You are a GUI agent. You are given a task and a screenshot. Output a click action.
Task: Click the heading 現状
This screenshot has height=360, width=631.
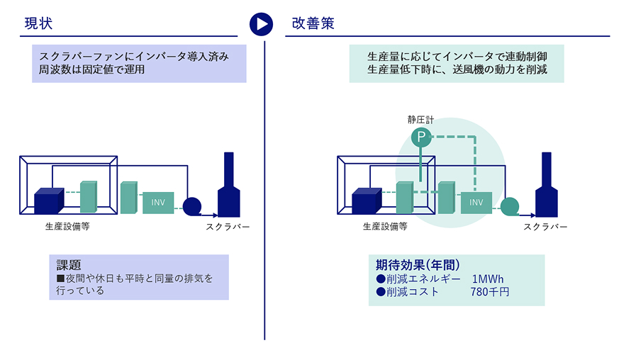(x=38, y=23)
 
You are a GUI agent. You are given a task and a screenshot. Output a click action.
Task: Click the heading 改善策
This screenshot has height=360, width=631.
(x=313, y=23)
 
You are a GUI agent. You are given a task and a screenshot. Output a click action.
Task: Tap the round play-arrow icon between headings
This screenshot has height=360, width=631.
(x=261, y=23)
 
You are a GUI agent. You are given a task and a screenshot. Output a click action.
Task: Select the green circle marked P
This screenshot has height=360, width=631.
(x=421, y=137)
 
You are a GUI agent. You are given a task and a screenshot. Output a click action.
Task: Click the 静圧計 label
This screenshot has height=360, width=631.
(x=420, y=120)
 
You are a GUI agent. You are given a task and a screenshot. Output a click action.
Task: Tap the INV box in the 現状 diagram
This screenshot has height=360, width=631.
(x=158, y=203)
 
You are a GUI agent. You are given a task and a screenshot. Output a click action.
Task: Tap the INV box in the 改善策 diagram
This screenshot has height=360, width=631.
(x=476, y=203)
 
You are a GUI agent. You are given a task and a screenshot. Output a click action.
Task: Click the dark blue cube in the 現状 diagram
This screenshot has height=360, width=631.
(x=49, y=201)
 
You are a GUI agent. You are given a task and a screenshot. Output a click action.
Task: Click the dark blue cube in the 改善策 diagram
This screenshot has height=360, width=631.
(x=367, y=201)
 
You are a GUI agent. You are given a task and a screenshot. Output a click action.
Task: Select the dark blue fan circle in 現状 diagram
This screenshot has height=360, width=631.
(x=192, y=206)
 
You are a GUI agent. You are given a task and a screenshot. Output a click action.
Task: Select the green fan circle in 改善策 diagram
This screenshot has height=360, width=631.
(x=510, y=206)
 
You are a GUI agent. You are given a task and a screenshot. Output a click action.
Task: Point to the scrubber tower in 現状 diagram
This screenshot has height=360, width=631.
(x=229, y=185)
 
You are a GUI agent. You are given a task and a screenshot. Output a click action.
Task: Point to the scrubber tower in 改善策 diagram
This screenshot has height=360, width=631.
(x=547, y=185)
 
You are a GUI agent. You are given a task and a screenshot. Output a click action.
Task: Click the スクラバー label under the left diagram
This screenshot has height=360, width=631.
(x=228, y=227)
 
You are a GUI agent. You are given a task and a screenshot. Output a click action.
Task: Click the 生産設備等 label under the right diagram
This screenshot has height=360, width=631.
(x=385, y=227)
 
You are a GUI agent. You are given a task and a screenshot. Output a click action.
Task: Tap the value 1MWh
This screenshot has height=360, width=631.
(x=488, y=279)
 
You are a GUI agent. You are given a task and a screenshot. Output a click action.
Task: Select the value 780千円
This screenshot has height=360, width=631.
(x=489, y=292)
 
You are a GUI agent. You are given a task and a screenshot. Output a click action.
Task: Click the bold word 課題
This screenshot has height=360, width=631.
(x=69, y=265)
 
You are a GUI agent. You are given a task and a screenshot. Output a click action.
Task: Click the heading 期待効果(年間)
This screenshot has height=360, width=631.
(x=418, y=265)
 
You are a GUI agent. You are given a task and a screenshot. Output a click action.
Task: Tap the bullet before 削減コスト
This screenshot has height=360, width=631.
(x=381, y=292)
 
